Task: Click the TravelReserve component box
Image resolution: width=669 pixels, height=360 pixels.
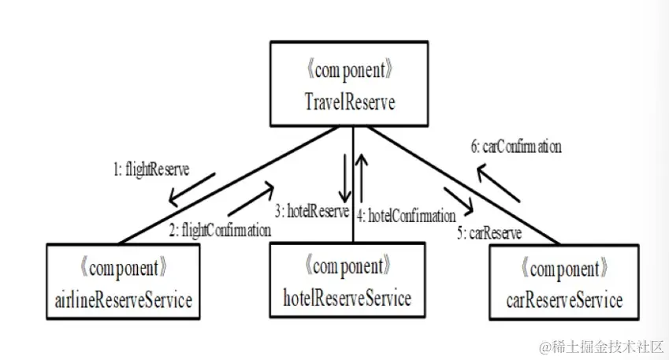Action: click(350, 86)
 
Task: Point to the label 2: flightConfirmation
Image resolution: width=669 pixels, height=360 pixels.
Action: click(220, 231)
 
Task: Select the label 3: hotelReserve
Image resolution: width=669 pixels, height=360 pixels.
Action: click(311, 211)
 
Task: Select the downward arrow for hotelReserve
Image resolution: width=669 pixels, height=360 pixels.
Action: click(344, 178)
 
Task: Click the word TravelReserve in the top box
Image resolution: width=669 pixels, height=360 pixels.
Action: click(350, 102)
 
